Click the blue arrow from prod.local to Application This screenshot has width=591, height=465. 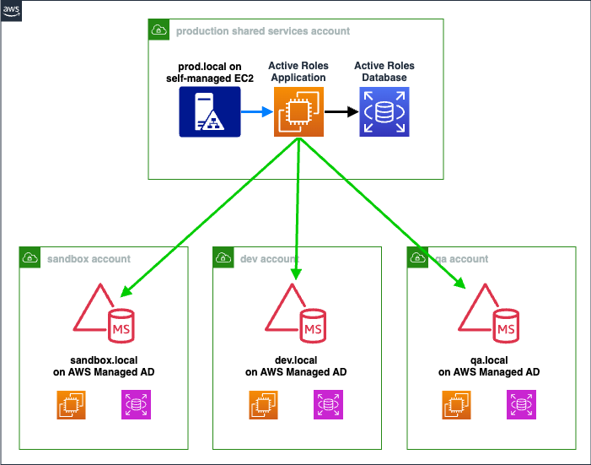[x=256, y=111]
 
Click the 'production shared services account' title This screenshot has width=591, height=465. [x=263, y=31]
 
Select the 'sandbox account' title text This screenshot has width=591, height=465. [x=89, y=258]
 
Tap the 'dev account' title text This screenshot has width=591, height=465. [x=271, y=258]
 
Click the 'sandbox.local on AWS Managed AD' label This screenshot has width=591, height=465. [x=102, y=365]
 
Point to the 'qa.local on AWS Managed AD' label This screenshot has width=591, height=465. [x=489, y=365]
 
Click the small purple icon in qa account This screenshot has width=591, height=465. [x=521, y=405]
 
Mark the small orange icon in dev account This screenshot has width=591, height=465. [x=263, y=405]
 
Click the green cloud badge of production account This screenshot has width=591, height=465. [x=158, y=30]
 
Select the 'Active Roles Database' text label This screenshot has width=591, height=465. [x=384, y=72]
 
